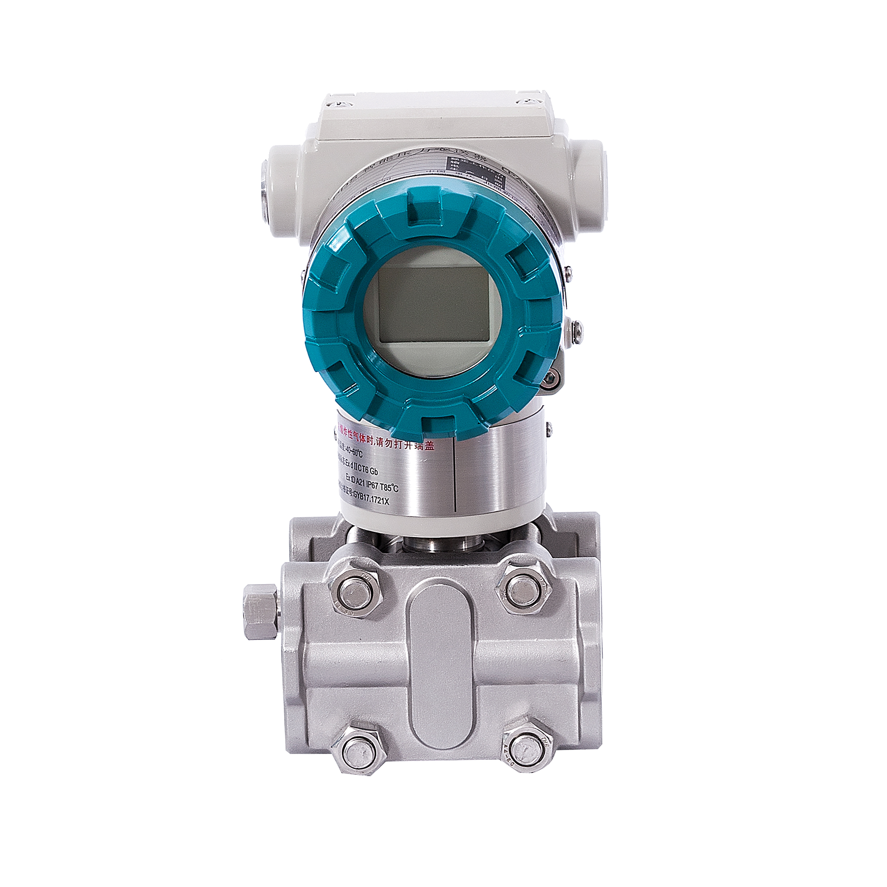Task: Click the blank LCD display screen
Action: pyautogui.click(x=433, y=304)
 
